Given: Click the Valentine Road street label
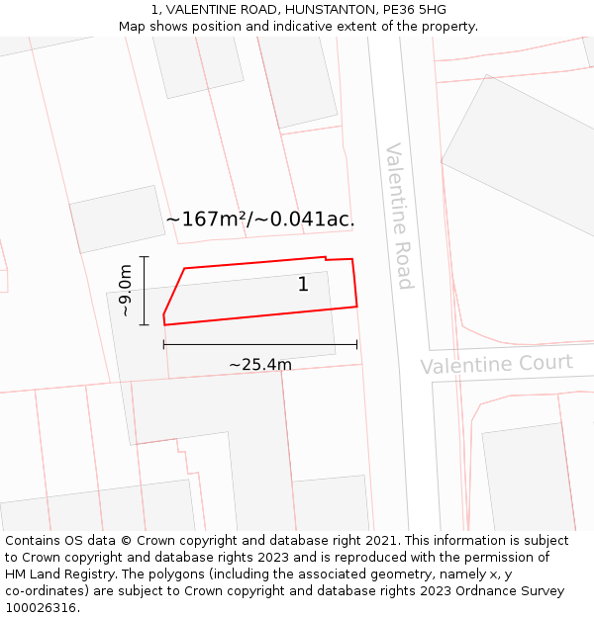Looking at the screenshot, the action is point(398,216).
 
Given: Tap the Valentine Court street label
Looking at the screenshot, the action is point(496,364).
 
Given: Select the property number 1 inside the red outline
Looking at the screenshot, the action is point(303,285).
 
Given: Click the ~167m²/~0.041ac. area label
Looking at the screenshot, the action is point(259,220).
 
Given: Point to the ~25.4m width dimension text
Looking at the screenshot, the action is point(260,365).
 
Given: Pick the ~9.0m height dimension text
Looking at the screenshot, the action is point(126,291).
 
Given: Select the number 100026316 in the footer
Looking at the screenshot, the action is point(41,608).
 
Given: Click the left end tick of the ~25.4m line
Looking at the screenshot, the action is point(163,344).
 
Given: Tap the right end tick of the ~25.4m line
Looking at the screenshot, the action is point(357,344).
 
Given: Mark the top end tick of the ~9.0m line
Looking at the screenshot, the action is point(145,257).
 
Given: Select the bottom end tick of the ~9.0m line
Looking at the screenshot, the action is point(145,324).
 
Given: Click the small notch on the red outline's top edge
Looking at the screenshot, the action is point(326,259).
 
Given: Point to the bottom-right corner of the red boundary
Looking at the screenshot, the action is point(356,307).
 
